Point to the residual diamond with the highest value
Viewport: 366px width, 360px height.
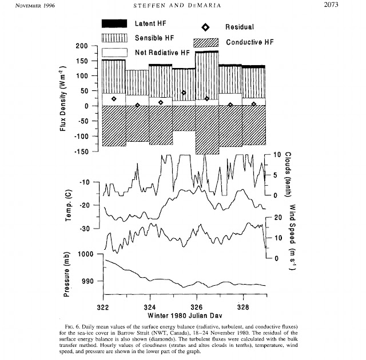point(184,93)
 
